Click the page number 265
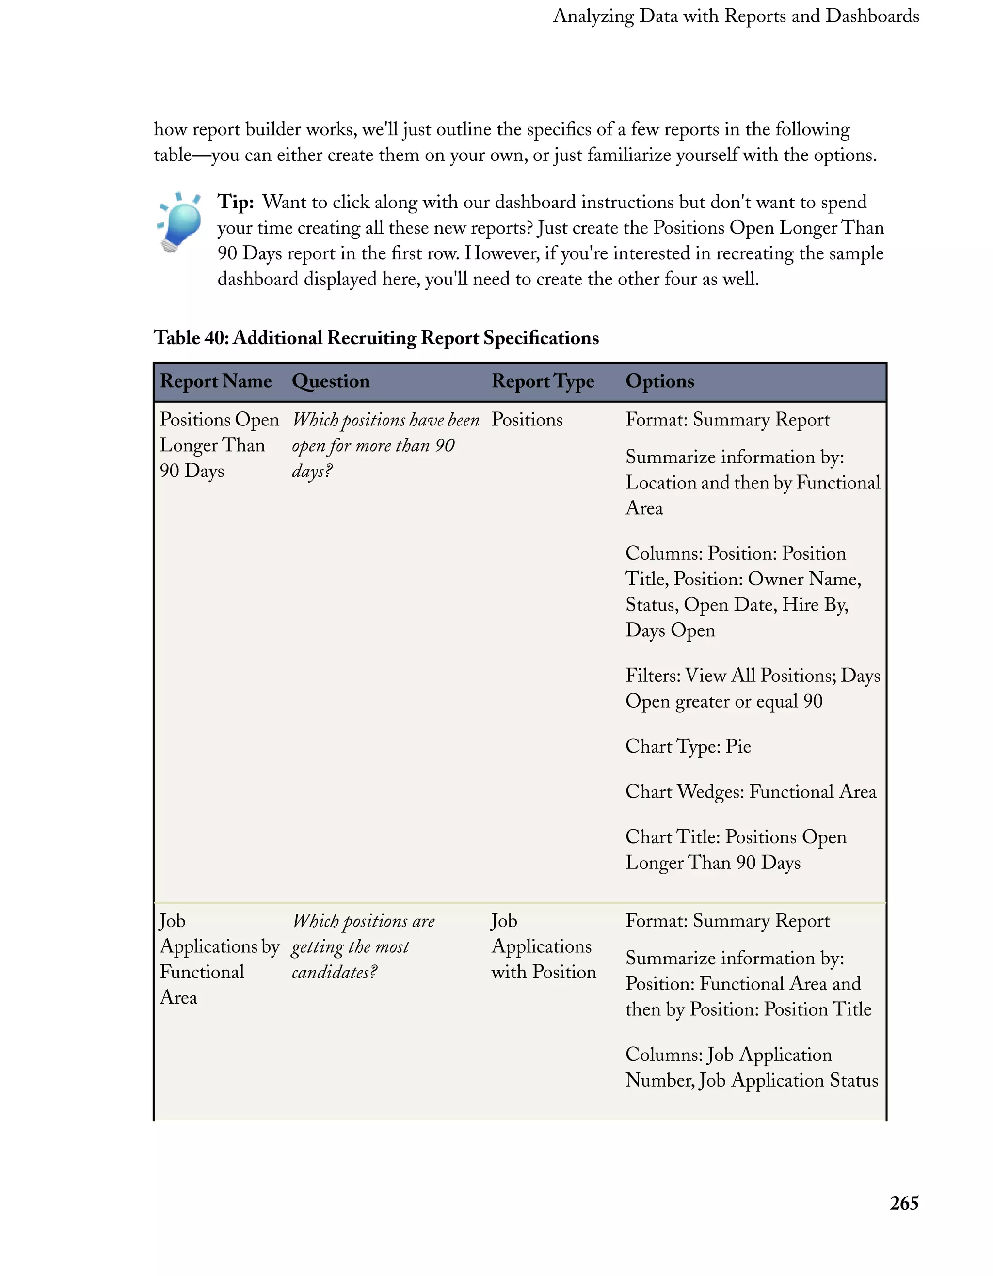904,1203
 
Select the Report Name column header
216,381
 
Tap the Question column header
330,381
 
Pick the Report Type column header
543,381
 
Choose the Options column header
659,381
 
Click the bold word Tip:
236,202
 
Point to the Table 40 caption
376,338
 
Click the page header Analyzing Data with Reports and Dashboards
735,16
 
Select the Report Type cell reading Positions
527,420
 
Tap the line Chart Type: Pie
688,746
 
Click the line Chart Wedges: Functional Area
751,792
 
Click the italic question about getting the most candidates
362,946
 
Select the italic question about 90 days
384,445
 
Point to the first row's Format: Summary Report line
727,420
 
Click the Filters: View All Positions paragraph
752,688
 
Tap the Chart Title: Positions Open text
735,850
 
